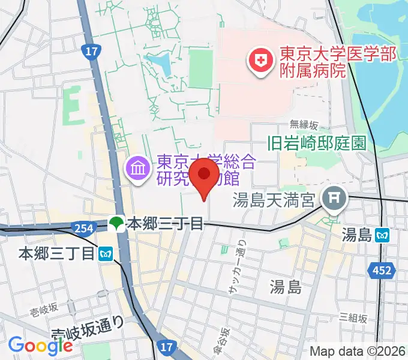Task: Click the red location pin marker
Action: [205, 175]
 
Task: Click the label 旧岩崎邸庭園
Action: [316, 143]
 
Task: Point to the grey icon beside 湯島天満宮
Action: [332, 197]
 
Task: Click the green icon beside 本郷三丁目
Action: [117, 224]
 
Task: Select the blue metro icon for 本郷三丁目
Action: [106, 254]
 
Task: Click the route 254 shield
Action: [83, 227]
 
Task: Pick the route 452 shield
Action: [382, 271]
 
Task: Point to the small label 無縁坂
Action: [302, 124]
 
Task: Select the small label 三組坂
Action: [353, 318]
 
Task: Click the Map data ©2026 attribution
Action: [358, 352]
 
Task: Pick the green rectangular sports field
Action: [201, 68]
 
